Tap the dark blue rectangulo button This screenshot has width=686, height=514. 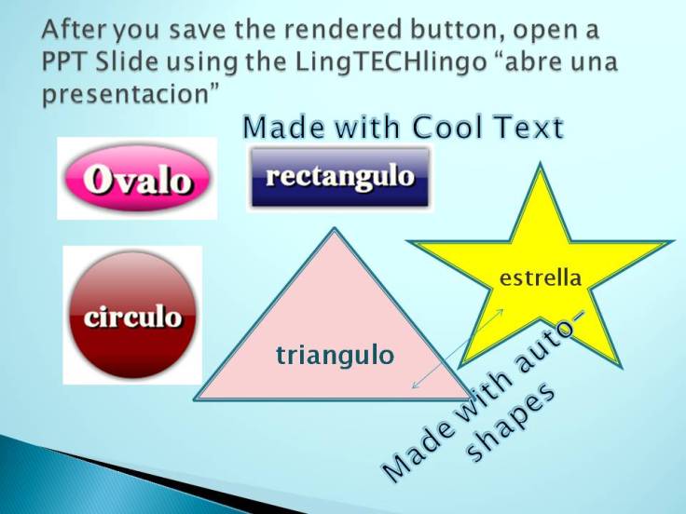[x=339, y=176]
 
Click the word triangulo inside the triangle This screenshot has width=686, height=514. [x=335, y=355]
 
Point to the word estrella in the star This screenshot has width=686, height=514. [x=541, y=277]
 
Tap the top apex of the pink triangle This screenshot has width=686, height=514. [x=333, y=231]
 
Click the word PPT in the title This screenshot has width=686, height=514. [x=64, y=63]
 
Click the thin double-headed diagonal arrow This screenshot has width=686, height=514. [x=458, y=348]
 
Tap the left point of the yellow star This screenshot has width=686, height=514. [x=411, y=243]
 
